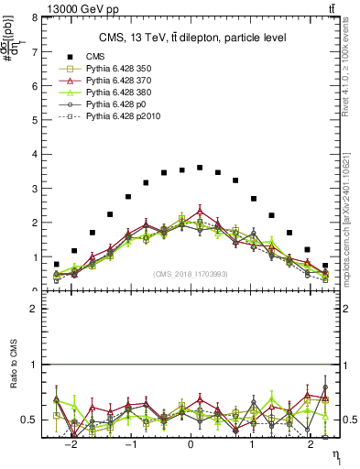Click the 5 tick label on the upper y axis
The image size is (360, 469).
click(x=35, y=120)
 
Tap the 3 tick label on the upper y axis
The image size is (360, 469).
click(x=35, y=189)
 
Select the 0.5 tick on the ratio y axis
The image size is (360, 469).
click(x=31, y=420)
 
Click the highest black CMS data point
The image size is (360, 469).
click(x=200, y=168)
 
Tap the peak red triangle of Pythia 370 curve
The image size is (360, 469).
click(x=200, y=211)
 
